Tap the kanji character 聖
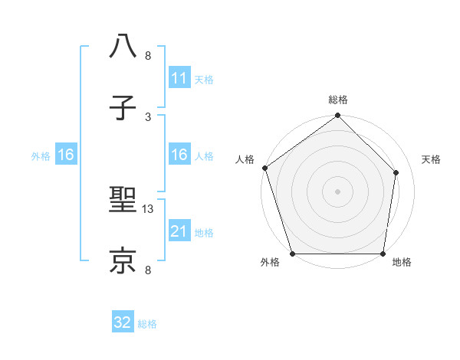(x=123, y=202)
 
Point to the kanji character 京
(x=123, y=260)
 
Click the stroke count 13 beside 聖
(x=149, y=208)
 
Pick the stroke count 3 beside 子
(x=148, y=116)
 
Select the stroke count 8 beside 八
(x=148, y=55)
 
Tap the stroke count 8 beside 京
(x=148, y=269)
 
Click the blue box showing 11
(x=179, y=78)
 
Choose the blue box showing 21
(x=179, y=231)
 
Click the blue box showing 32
(x=123, y=322)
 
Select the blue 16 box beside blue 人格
(x=179, y=155)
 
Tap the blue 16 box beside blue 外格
(x=66, y=155)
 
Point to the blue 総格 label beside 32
(x=147, y=324)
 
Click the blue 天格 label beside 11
(x=204, y=79)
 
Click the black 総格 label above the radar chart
(x=338, y=100)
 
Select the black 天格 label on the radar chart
(x=432, y=159)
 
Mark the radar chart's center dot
(x=337, y=191)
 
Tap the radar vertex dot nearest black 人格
(x=264, y=168)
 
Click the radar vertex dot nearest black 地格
(x=383, y=254)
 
